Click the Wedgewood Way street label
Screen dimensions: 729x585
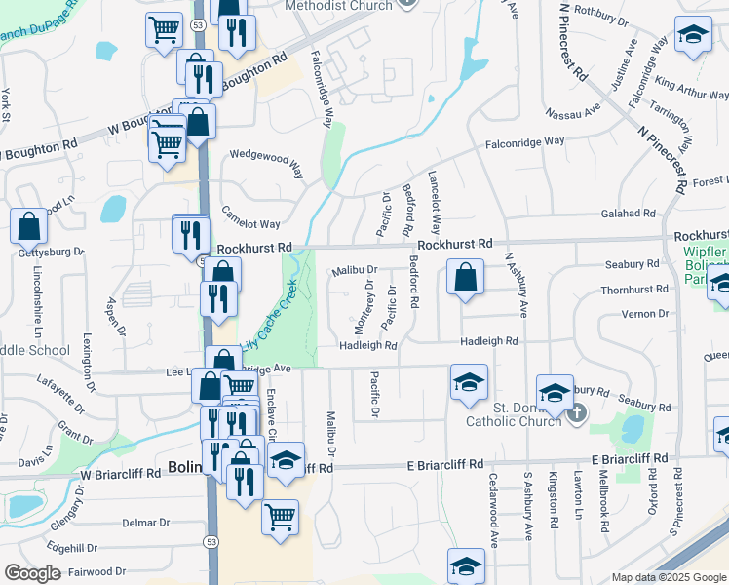pyautogui.click(x=266, y=162)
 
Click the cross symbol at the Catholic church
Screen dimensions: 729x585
pyautogui.click(x=576, y=413)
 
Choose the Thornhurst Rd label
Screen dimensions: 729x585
pyautogui.click(x=634, y=290)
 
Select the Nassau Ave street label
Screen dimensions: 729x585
pyautogui.click(x=573, y=112)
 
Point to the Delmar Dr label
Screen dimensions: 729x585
pyautogui.click(x=146, y=523)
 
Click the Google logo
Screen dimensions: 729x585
pyautogui.click(x=32, y=572)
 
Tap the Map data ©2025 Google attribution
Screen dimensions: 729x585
pyautogui.click(x=669, y=577)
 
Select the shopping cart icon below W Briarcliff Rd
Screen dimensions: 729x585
pyautogui.click(x=280, y=516)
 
